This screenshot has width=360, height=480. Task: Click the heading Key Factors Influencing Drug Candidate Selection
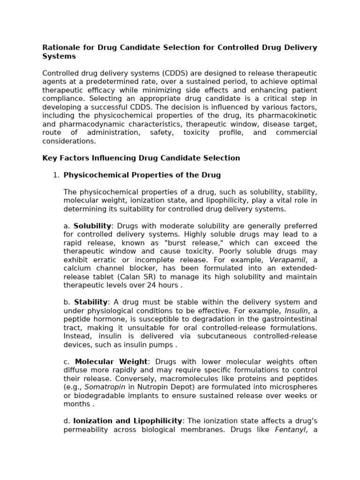pyautogui.click(x=141, y=158)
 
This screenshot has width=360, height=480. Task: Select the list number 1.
pyautogui.click(x=56, y=175)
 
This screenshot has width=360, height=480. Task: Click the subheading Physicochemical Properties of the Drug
pyautogui.click(x=142, y=175)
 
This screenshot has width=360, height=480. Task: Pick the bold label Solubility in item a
pyautogui.click(x=92, y=226)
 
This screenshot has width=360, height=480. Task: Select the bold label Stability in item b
pyautogui.click(x=91, y=302)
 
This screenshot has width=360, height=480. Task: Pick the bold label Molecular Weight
pyautogui.click(x=112, y=361)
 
